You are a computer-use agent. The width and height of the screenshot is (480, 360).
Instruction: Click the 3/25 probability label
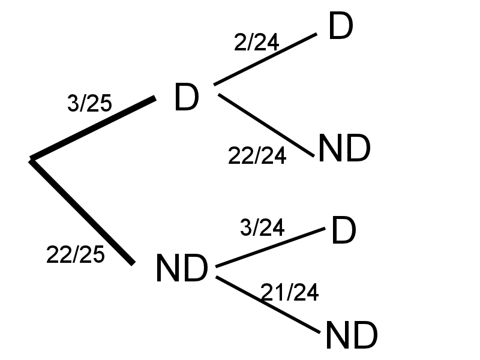pyautogui.click(x=89, y=104)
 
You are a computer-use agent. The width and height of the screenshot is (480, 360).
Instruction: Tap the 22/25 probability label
pyautogui.click(x=75, y=255)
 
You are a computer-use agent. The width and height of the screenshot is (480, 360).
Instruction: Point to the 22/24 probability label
pyautogui.click(x=257, y=155)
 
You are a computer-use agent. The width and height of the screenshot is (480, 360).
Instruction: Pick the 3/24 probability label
pyautogui.click(x=262, y=227)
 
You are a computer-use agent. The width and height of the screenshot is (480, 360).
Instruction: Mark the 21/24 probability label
pyautogui.click(x=289, y=292)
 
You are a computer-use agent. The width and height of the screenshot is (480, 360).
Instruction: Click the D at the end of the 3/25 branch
pyautogui.click(x=186, y=98)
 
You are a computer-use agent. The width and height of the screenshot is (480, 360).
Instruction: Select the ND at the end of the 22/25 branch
pyautogui.click(x=181, y=269)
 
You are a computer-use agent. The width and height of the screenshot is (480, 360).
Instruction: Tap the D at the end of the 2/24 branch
pyautogui.click(x=341, y=27)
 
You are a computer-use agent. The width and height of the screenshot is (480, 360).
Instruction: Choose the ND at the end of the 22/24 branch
pyautogui.click(x=344, y=149)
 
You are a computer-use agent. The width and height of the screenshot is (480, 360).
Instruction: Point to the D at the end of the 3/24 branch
pyautogui.click(x=343, y=232)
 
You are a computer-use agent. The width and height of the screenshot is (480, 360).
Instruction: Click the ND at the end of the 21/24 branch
pyautogui.click(x=351, y=335)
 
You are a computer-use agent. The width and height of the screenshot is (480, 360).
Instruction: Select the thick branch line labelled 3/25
pyautogui.click(x=93, y=128)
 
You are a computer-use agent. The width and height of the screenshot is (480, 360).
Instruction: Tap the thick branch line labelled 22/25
pyautogui.click(x=82, y=211)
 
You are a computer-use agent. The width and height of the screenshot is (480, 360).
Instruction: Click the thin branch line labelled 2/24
pyautogui.click(x=265, y=59)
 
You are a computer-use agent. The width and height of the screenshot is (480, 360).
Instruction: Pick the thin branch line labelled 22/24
pyautogui.click(x=266, y=125)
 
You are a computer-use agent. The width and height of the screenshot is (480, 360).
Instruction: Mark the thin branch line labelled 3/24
pyautogui.click(x=270, y=247)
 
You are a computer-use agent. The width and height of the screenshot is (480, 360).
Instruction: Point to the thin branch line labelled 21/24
pyautogui.click(x=268, y=305)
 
